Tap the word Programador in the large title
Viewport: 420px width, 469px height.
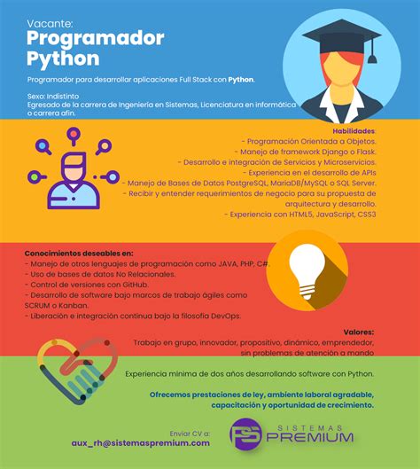pos(95,38)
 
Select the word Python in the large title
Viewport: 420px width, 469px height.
pos(62,59)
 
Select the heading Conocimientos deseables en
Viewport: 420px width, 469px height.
pos(79,253)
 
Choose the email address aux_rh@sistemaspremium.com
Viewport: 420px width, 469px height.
pos(140,442)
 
